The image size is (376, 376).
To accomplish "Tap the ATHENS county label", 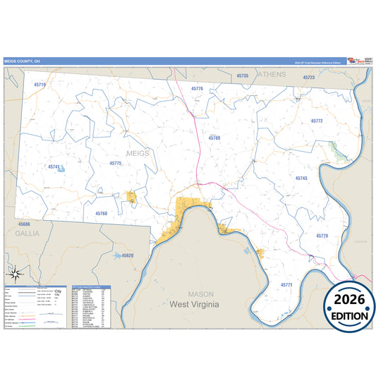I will [x=272, y=74].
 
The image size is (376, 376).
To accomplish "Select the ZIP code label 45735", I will [x=243, y=75].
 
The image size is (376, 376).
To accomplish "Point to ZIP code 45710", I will [x=40, y=85].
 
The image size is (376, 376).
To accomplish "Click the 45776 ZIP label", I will [x=197, y=89].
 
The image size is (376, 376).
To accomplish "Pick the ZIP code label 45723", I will [x=308, y=77].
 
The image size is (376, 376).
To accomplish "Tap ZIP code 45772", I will [x=317, y=121].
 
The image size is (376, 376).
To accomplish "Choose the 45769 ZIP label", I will [x=214, y=138].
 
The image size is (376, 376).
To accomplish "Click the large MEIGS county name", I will [x=138, y=152].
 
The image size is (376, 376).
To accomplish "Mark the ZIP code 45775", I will [x=116, y=163].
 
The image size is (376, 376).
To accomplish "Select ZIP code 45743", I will [x=302, y=178].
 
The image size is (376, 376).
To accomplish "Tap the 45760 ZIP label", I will [x=101, y=213].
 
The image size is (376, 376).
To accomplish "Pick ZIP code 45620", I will [x=127, y=255].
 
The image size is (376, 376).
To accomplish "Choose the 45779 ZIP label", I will [x=322, y=235].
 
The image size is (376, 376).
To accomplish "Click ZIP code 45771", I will [x=286, y=284].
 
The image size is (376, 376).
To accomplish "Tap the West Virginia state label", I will [x=194, y=304].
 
